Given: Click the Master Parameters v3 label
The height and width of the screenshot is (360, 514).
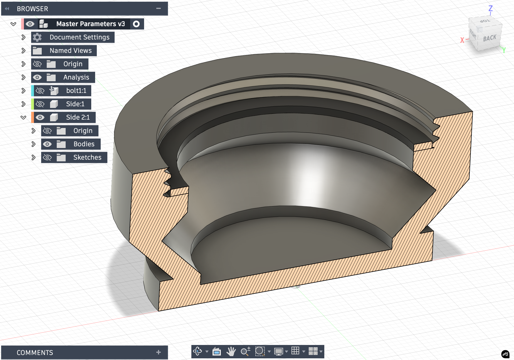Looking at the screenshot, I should pos(90,24).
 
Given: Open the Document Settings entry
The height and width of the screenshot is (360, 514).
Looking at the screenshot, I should pos(79,37).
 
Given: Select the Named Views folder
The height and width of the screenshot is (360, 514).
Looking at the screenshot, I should pos(70,51).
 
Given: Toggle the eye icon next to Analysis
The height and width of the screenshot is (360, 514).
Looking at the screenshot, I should pos(37,77).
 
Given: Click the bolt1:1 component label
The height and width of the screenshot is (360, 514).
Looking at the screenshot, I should pos(76,91).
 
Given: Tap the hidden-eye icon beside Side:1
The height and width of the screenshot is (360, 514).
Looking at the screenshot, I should pos(40,104).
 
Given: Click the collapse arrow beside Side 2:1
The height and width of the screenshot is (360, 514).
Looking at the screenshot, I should pos(23,117).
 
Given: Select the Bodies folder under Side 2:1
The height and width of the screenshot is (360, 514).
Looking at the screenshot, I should pos(84,144).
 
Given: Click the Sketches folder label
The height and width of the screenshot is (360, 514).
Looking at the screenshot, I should pos(87,157).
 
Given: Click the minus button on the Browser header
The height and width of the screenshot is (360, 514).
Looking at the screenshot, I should pos(159,9).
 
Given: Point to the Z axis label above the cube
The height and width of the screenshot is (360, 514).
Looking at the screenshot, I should pos(491,8).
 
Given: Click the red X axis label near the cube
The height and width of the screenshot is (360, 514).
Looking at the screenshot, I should pos(462,40).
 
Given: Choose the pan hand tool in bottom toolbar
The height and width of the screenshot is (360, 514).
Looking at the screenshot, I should pos(231,351).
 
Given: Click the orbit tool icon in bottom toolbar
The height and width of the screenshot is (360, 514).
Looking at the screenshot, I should pos(198,351).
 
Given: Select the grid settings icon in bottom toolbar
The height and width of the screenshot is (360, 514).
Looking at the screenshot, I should pos(295,351).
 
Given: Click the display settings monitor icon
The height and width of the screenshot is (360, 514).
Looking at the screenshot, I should pos(278,351).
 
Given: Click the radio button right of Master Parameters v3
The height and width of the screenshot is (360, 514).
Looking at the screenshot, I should pos(136,24).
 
